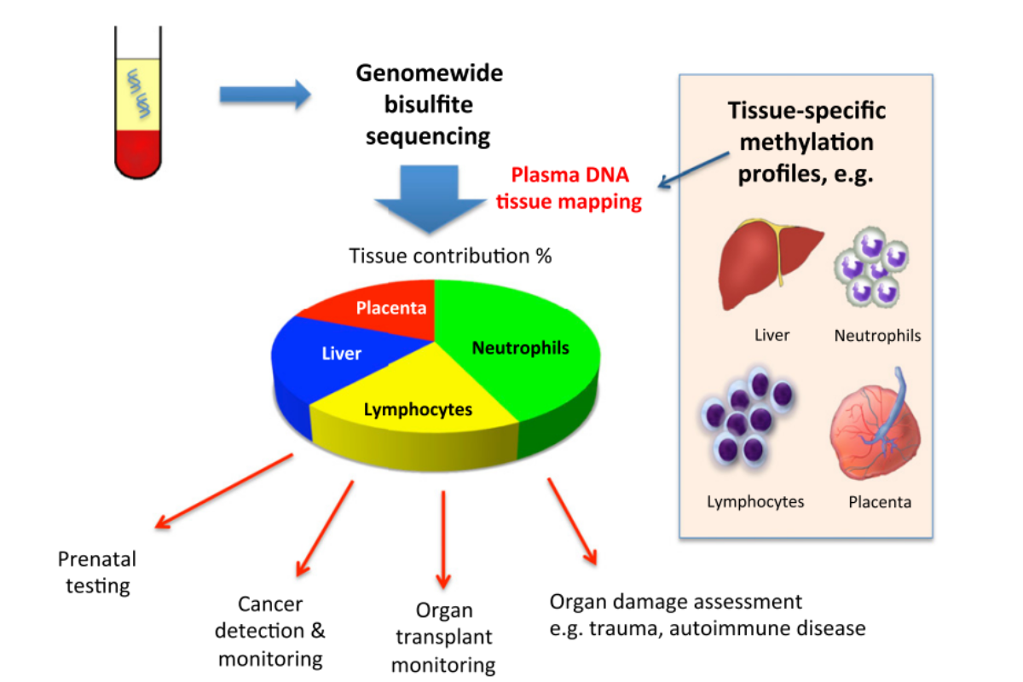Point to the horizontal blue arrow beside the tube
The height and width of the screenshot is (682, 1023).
[264, 94]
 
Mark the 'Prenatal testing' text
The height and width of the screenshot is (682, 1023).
[97, 572]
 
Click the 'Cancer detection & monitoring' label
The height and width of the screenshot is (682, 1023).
[270, 631]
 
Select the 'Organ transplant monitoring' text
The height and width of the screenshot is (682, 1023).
[442, 638]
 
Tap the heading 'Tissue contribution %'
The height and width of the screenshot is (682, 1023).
[450, 256]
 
